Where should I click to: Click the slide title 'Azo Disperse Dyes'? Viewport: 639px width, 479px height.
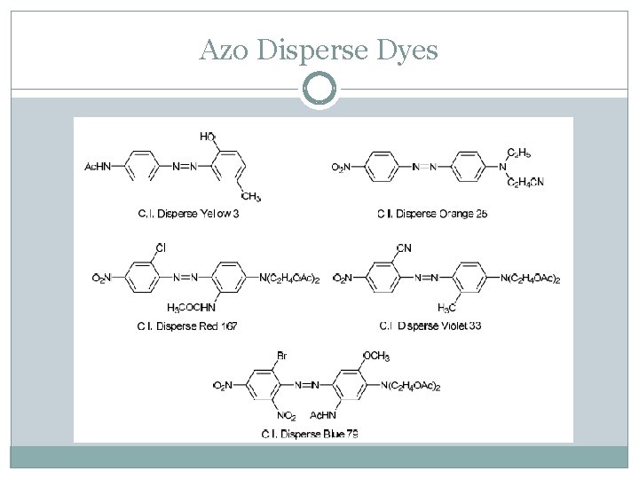coord(319,51)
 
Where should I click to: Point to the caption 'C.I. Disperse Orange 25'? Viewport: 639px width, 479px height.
coord(432,213)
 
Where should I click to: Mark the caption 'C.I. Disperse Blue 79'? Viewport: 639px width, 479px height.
coord(310,433)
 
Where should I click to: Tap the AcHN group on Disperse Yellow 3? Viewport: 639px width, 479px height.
coord(98,166)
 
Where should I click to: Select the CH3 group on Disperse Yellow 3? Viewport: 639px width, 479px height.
coord(251,196)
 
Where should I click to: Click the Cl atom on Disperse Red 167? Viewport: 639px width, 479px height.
coord(161,246)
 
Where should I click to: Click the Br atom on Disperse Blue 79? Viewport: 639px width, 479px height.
coord(281,355)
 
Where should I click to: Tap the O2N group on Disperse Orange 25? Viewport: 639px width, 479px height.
coord(342,166)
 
